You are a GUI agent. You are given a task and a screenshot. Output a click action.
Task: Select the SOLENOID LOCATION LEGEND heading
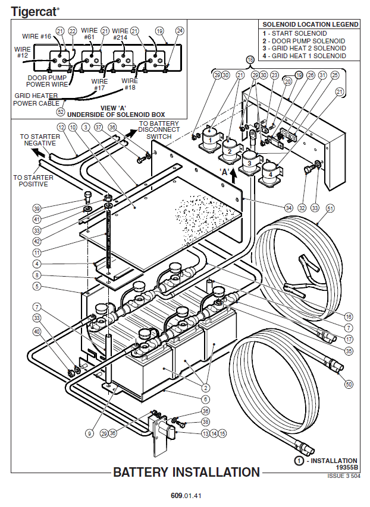tap(311, 24)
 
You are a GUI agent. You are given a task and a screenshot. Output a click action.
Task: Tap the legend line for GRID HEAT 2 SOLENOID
tap(303, 48)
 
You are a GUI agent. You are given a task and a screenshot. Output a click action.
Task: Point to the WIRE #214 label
tap(120, 34)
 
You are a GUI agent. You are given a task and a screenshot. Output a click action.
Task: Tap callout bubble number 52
tap(60, 111)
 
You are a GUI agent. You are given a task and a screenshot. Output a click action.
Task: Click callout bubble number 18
tap(250, 60)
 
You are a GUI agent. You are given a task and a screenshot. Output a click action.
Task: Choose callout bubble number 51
tap(330, 208)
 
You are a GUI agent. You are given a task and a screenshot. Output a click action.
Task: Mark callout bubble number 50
tap(349, 385)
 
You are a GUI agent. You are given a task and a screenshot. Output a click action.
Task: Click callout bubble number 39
tap(37, 208)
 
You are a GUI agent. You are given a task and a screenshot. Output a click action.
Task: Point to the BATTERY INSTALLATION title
tap(186, 473)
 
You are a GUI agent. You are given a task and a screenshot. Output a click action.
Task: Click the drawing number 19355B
tap(346, 468)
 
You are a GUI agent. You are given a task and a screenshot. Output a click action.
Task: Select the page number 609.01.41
tap(186, 495)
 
